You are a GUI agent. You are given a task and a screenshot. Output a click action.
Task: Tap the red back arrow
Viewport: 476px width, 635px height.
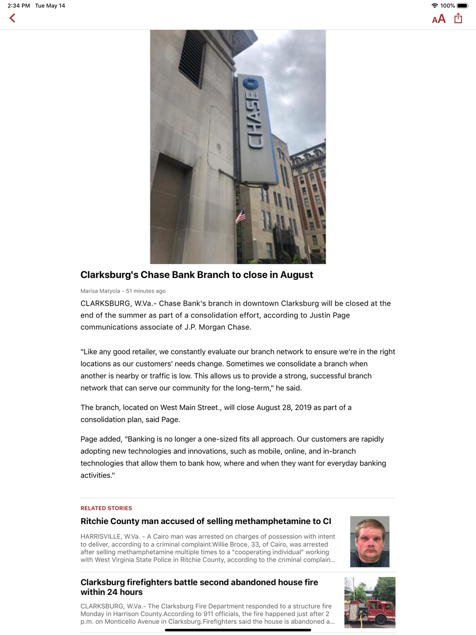[12, 18]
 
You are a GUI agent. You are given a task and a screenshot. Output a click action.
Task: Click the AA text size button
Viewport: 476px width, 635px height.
[438, 19]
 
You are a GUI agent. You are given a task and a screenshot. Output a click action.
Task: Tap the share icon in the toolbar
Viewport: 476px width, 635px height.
[458, 18]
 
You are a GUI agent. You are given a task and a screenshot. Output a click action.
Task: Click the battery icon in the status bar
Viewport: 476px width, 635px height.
[463, 6]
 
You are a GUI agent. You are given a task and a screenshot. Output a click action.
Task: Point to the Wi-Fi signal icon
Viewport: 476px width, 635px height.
[434, 6]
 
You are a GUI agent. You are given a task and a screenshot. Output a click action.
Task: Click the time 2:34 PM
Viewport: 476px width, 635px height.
[19, 6]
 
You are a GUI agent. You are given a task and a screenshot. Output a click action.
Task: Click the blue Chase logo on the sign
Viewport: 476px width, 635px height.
[250, 85]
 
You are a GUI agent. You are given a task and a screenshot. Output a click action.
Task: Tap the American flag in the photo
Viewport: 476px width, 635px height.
[241, 217]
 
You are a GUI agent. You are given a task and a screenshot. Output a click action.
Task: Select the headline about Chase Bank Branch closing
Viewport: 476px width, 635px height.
[197, 275]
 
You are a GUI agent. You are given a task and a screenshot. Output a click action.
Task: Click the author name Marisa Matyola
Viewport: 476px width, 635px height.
[100, 291]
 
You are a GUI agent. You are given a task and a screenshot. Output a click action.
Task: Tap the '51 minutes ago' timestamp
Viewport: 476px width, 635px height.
[146, 291]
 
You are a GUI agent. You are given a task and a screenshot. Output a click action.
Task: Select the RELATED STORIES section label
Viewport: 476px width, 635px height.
[106, 508]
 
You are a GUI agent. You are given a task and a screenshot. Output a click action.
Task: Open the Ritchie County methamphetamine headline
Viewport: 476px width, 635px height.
[206, 521]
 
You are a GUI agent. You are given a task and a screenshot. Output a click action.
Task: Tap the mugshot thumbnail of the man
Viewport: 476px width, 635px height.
[370, 542]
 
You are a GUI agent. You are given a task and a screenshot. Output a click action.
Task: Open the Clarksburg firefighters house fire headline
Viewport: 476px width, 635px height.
[199, 587]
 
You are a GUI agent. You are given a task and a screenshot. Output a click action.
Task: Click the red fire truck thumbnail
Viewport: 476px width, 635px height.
[370, 603]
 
